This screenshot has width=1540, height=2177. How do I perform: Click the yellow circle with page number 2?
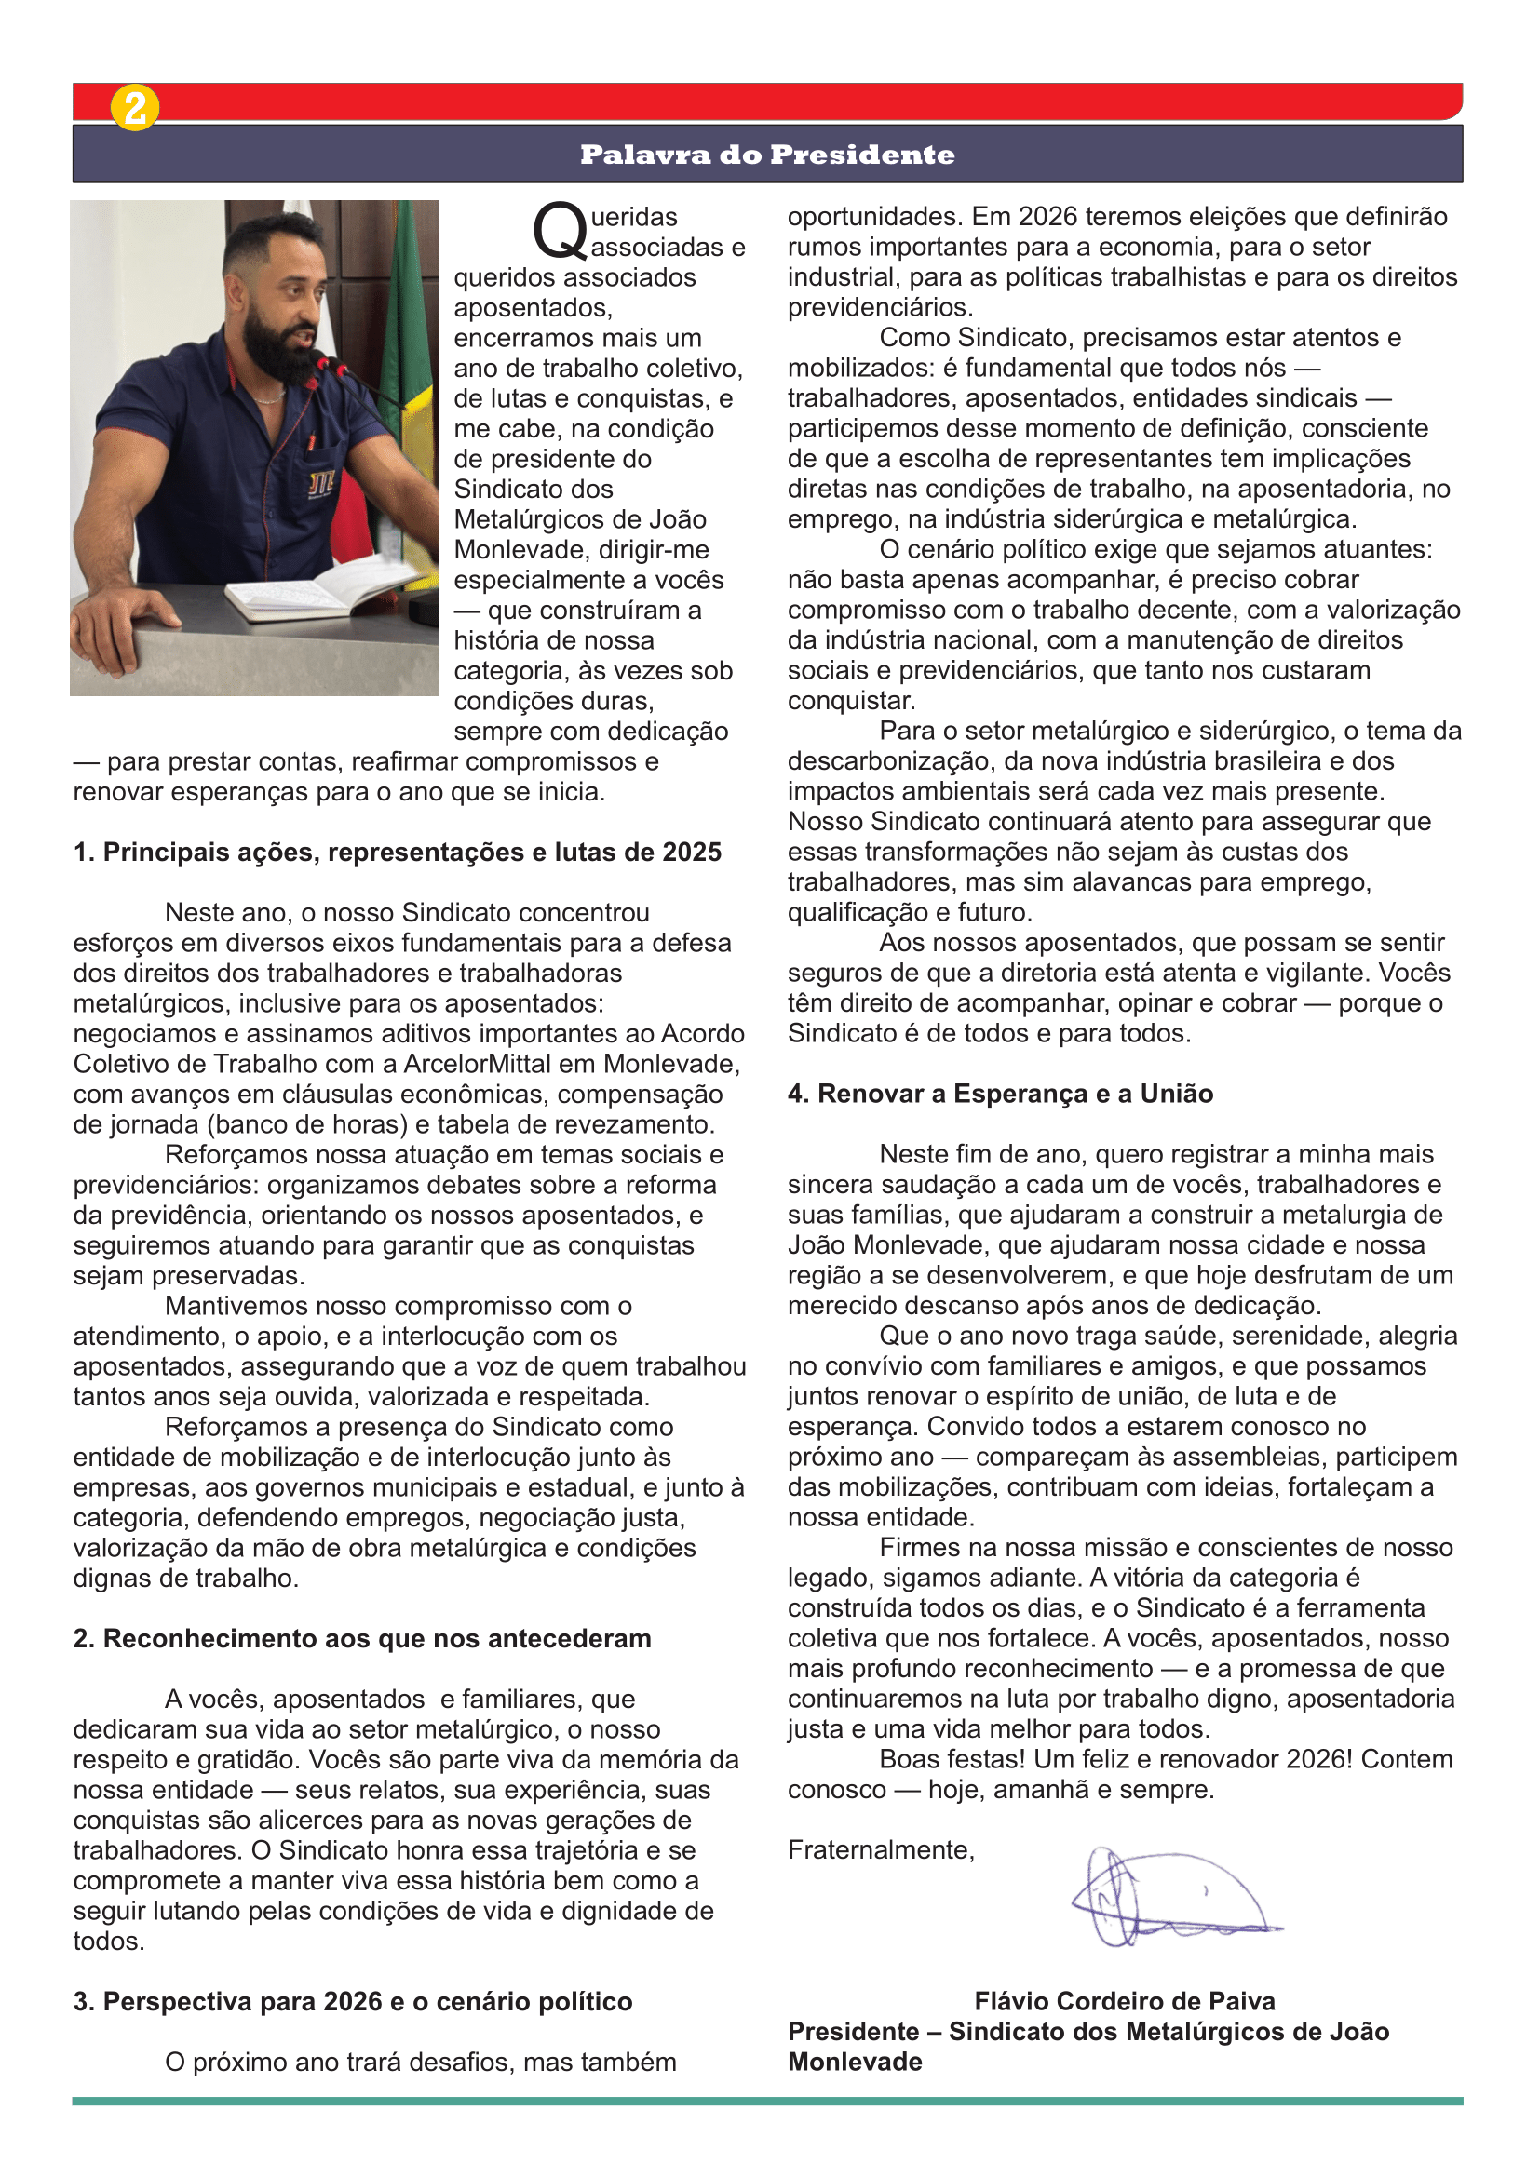(x=135, y=108)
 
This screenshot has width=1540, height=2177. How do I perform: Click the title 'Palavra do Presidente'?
(x=767, y=155)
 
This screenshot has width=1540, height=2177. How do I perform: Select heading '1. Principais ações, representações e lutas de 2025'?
(x=398, y=853)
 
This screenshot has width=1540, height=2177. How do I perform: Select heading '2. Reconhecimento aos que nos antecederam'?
(x=362, y=1638)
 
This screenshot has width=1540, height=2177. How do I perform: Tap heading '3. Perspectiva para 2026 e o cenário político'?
(x=353, y=2002)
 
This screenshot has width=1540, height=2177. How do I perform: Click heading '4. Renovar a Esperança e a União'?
(x=1000, y=1095)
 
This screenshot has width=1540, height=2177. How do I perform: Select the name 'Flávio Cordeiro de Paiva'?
(x=1125, y=2002)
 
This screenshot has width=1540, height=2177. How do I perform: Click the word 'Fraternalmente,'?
(x=881, y=1850)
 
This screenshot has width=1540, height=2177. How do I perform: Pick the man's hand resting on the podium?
(x=123, y=625)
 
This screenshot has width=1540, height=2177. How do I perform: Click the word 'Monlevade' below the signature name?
(x=855, y=2063)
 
